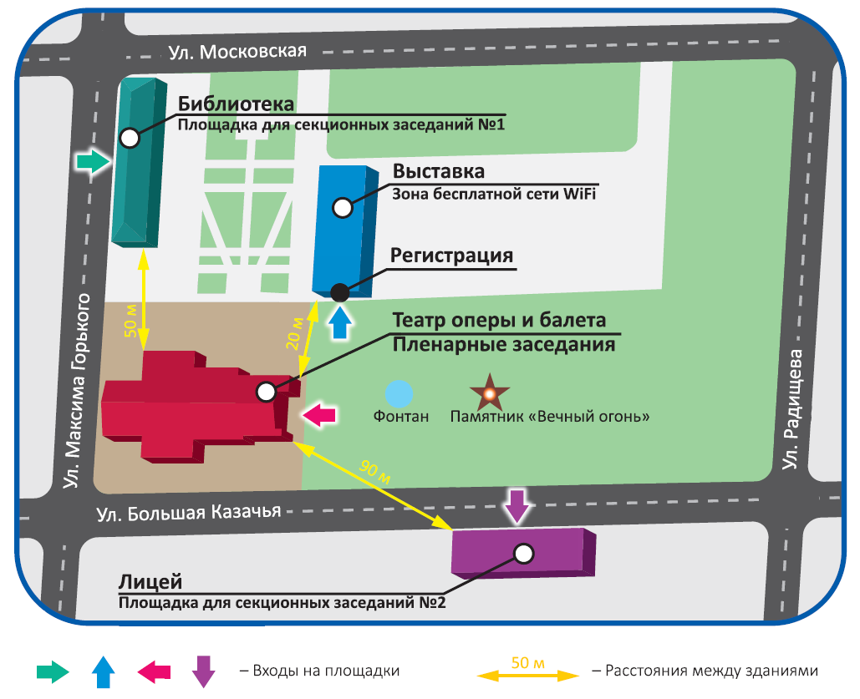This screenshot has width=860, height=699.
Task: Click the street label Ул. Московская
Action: coord(238,51)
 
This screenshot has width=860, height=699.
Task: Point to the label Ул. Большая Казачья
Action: coord(187,513)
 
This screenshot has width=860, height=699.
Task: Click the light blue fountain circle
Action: coord(399,393)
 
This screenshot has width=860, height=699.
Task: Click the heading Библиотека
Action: coord(237,104)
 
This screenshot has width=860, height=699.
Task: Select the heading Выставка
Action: coord(439,172)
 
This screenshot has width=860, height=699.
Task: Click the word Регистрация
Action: coord(452,256)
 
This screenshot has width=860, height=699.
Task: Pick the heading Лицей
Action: coord(150,581)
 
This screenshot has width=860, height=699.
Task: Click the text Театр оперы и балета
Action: coord(499,321)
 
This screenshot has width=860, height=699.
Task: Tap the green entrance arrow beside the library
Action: coord(92,160)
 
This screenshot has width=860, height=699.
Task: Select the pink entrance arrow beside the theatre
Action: coord(320,413)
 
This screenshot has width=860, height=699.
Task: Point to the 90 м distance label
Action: coord(375,471)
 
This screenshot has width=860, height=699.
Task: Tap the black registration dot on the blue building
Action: coord(339,292)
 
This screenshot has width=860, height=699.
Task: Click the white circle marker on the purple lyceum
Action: coord(524,552)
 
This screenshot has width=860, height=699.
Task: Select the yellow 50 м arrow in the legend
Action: coord(527,672)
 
